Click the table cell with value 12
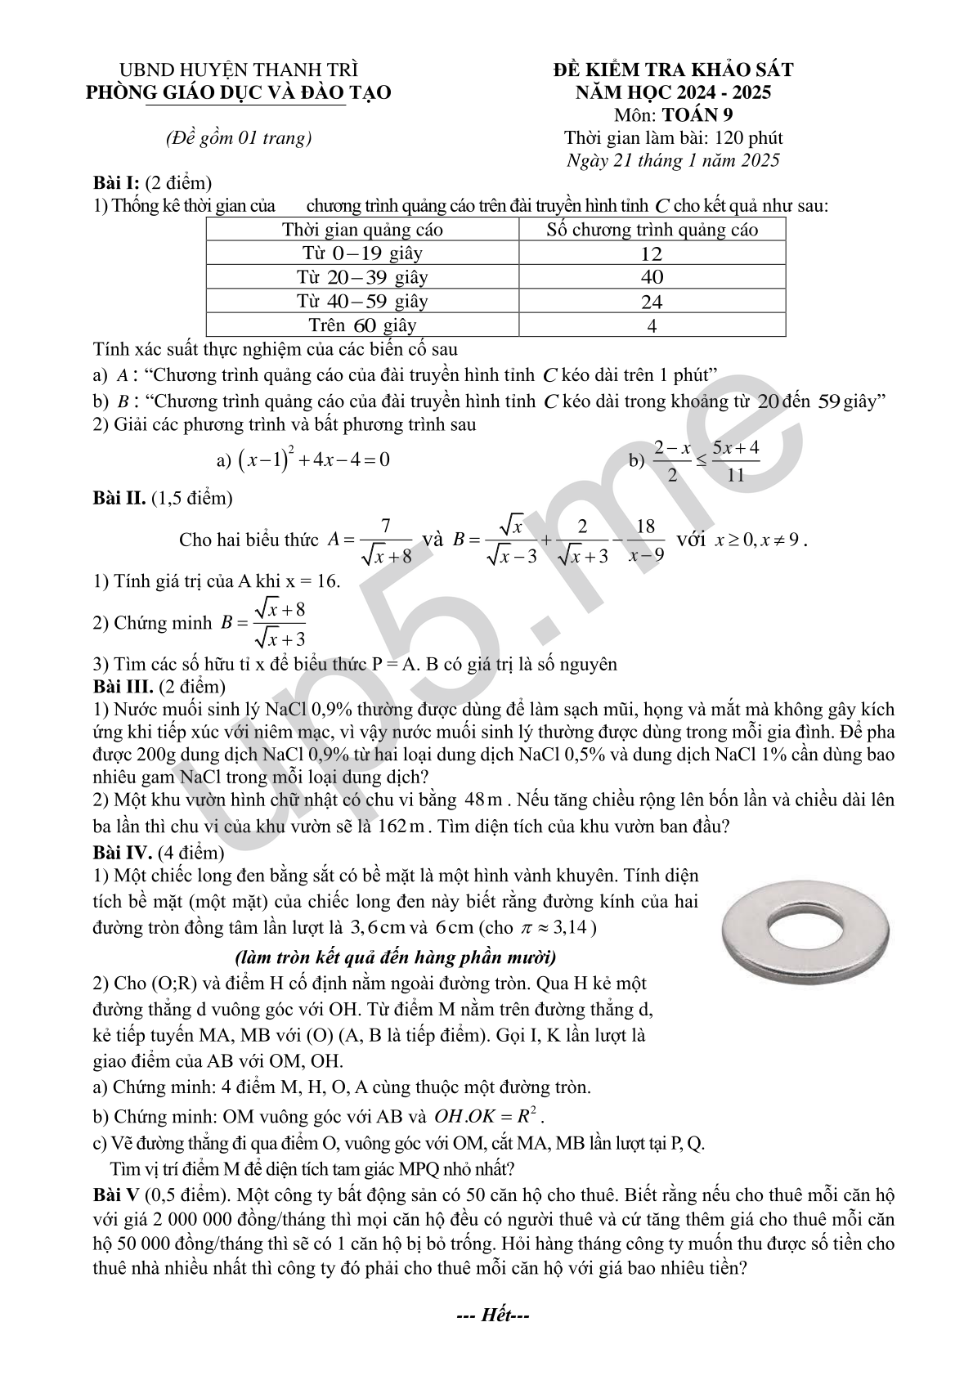click(x=652, y=253)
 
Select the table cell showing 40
click(x=652, y=277)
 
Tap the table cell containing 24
click(x=652, y=302)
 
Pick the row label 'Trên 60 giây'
click(x=362, y=325)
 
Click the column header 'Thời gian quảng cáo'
click(x=362, y=229)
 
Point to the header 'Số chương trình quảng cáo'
click(x=652, y=229)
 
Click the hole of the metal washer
click(x=805, y=928)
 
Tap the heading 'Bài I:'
click(x=117, y=183)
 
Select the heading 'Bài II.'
click(x=119, y=497)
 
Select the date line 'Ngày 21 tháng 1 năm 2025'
click(x=673, y=160)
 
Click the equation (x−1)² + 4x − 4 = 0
click(x=313, y=459)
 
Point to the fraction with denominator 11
click(x=735, y=460)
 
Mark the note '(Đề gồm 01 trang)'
click(x=239, y=138)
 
